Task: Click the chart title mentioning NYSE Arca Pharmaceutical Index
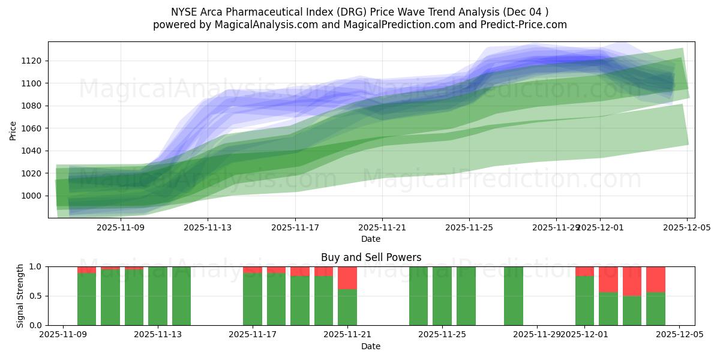coord(359,11)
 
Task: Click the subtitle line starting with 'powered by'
coord(359,25)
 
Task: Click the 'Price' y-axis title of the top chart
coord(13,130)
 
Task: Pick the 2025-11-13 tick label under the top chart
coord(208,228)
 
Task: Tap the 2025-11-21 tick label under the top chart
coord(382,228)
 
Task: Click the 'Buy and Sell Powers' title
coord(371,257)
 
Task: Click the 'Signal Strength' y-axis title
coord(20,295)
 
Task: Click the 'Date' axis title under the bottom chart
coord(371,346)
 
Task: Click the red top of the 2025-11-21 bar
coord(347,278)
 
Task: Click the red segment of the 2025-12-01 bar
coord(584,271)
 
